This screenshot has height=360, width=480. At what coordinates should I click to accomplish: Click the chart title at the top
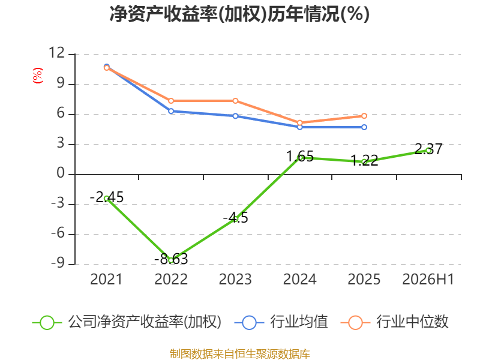[239, 14]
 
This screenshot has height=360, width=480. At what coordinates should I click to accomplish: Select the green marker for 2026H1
[428, 151]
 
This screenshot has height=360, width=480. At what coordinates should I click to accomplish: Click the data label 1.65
[300, 157]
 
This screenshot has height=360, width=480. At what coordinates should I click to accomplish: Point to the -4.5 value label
[235, 218]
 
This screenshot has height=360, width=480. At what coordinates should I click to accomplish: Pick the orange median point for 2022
[171, 101]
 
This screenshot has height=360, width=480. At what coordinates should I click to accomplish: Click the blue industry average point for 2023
[235, 116]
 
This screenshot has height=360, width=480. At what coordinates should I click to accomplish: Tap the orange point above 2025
[364, 116]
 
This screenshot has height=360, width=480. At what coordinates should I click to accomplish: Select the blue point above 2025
[364, 127]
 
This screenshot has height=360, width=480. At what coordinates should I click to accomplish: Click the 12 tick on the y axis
[57, 53]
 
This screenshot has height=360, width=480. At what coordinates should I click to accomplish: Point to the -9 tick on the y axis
[58, 263]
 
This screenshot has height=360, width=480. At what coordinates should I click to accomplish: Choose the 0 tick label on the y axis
[61, 173]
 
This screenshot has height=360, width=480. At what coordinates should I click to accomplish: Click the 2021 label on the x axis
[106, 279]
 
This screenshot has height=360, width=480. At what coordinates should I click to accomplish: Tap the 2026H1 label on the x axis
[428, 279]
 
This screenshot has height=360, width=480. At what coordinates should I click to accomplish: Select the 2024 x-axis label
[299, 279]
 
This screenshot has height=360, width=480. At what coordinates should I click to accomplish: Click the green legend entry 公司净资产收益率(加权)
[127, 322]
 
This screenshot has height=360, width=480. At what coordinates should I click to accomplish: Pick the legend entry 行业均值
[281, 322]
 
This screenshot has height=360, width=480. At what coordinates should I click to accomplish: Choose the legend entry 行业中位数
[394, 322]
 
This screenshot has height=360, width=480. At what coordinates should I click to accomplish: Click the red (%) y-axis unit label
[38, 76]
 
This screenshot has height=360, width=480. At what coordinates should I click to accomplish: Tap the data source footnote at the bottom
[240, 354]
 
